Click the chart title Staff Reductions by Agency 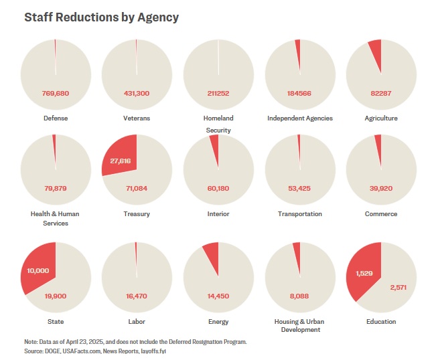click(x=101, y=17)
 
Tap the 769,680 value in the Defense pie click(x=55, y=93)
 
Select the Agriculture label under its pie click(x=380, y=118)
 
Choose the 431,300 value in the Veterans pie click(x=136, y=93)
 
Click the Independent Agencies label click(x=299, y=118)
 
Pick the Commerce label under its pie click(x=380, y=214)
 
